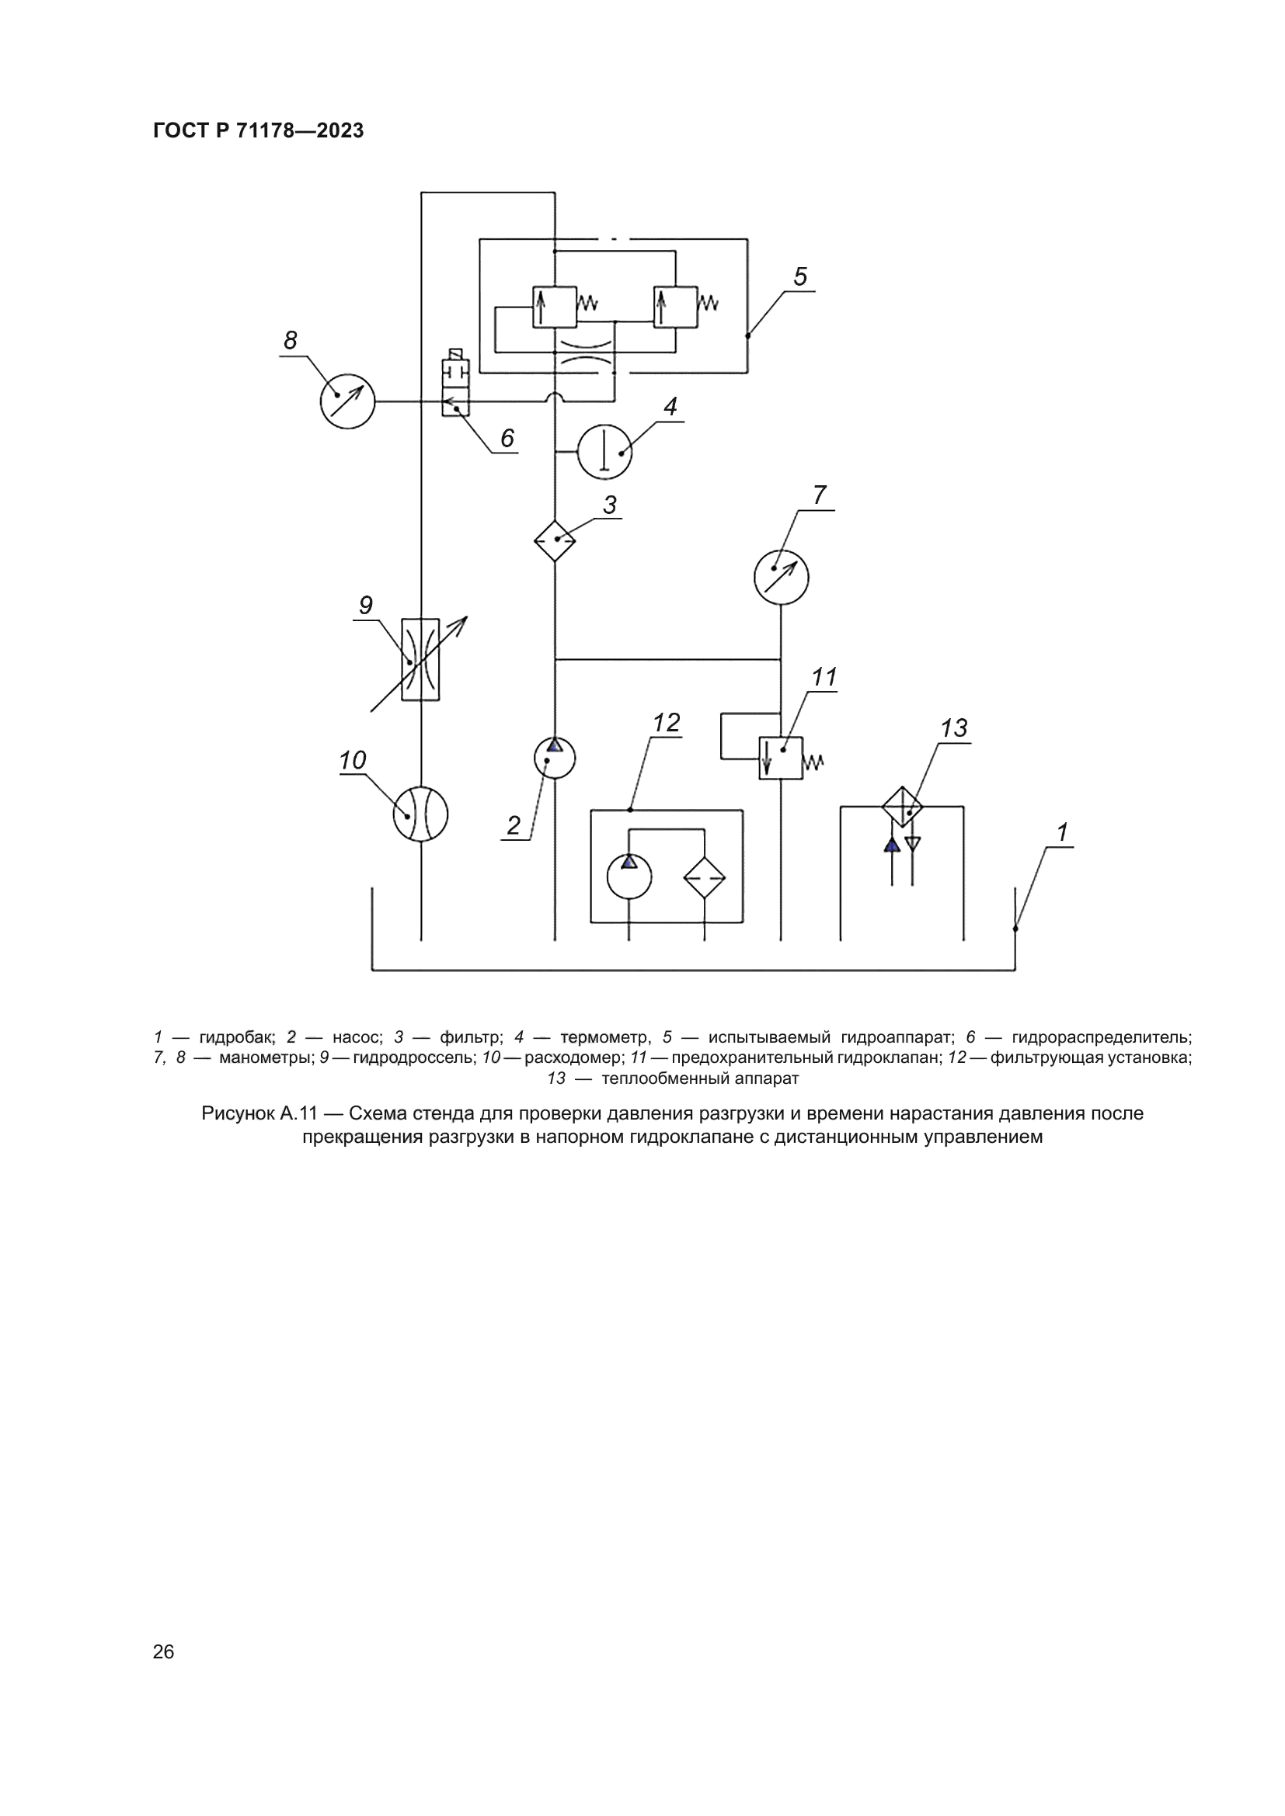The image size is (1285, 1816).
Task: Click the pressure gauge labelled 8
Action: pos(347,402)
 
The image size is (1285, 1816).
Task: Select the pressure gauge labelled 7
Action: pos(781,578)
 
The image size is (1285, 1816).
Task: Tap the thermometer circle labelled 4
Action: pos(604,452)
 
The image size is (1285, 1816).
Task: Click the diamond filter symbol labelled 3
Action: pos(555,541)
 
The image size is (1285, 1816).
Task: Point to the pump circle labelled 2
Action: pos(555,758)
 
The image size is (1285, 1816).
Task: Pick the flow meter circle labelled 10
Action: pos(420,814)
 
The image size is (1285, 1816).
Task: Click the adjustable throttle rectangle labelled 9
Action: pos(420,660)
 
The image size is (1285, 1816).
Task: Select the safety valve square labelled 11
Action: pos(781,759)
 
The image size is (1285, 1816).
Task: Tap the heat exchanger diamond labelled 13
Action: pos(903,807)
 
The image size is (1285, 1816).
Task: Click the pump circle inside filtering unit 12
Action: pos(629,877)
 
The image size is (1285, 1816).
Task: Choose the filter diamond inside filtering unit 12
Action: pos(705,877)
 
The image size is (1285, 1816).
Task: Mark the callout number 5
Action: pos(800,277)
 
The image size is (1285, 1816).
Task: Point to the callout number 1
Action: pos(1063,832)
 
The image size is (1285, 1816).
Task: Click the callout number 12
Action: pos(667,723)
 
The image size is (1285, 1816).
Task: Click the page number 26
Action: pos(164,1651)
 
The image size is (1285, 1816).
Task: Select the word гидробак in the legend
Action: pos(237,1037)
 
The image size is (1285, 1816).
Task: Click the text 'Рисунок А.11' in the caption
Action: pos(259,1113)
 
